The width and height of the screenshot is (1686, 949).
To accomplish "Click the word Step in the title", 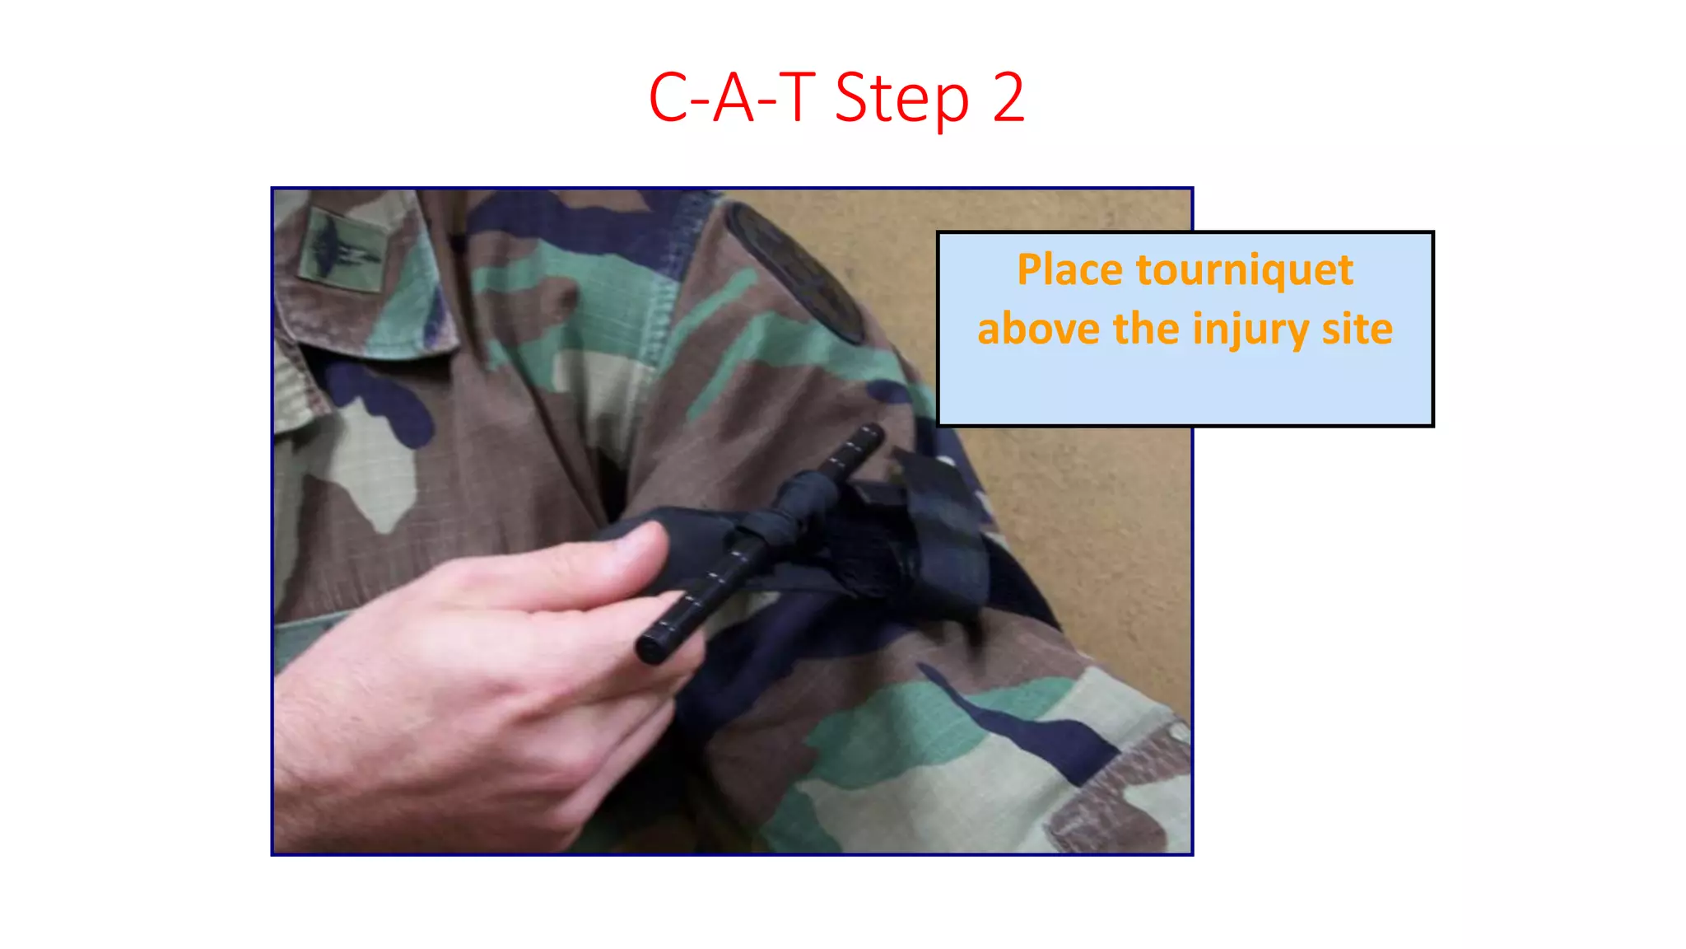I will pos(901,100).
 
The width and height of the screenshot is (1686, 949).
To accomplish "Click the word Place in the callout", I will pos(1069,270).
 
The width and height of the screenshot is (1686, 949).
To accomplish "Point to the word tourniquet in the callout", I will pos(1244,272).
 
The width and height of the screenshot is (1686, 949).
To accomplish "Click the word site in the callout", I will pos(1358,329).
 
